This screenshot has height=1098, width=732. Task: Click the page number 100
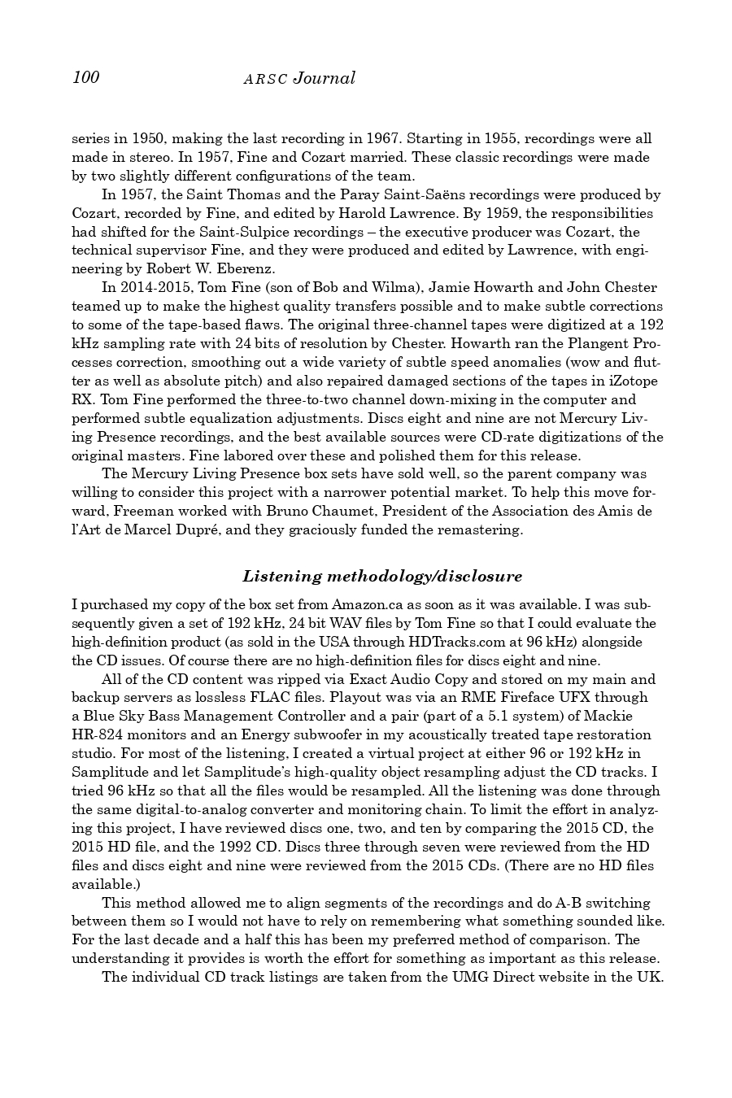85,77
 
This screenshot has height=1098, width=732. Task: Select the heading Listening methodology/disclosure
382,577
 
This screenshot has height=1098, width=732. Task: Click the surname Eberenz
244,268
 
